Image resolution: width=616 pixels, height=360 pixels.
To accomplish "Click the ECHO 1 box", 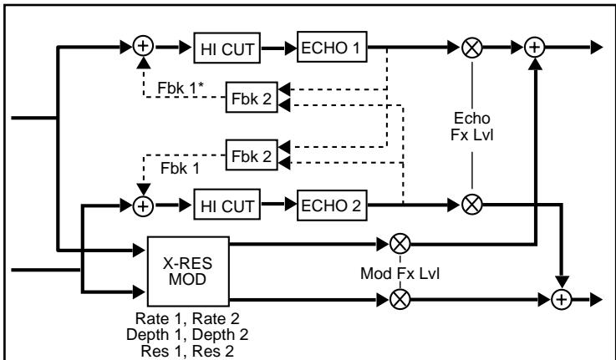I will tap(333, 48).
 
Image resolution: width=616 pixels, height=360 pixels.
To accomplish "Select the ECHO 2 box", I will tap(333, 204).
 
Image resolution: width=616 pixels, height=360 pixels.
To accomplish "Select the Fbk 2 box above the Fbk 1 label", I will tap(251, 155).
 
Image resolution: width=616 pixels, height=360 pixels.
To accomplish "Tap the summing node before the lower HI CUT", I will tap(145, 204).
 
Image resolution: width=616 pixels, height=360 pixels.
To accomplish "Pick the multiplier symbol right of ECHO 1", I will tap(474, 48).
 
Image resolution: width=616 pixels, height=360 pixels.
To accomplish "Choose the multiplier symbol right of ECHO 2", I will tap(474, 204).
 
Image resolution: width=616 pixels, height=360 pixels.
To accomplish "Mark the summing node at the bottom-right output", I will tap(565, 297).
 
